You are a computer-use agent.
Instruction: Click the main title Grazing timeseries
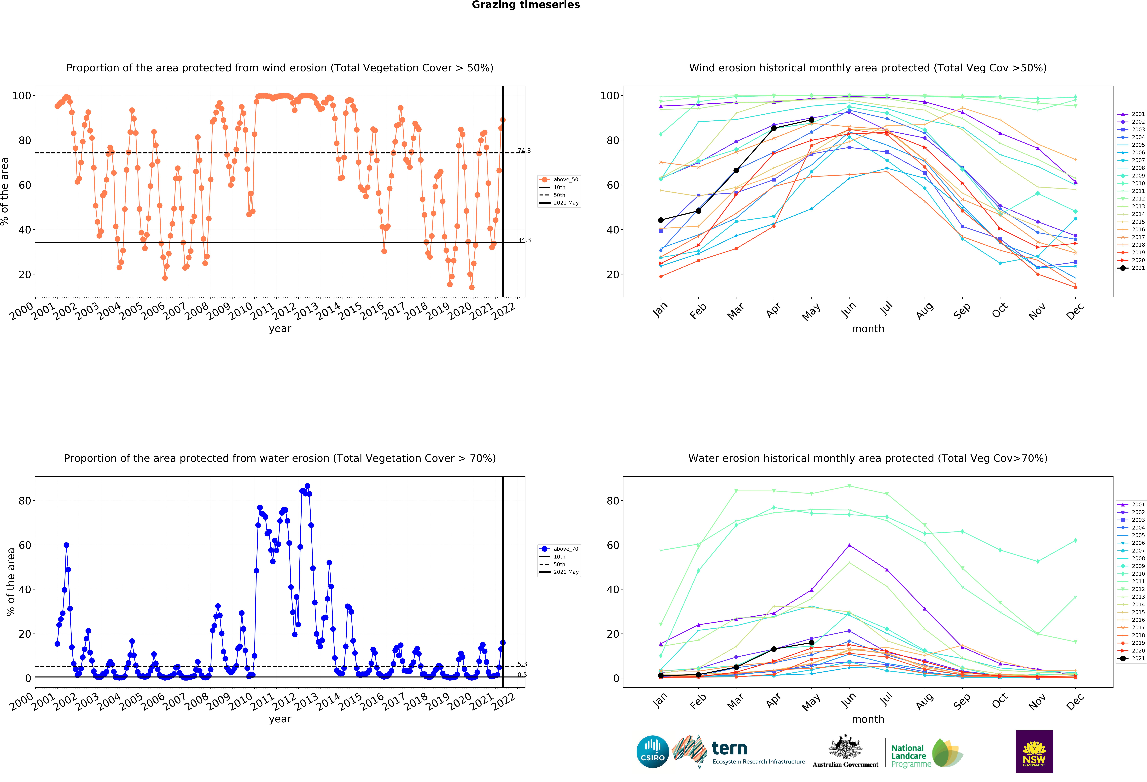(x=526, y=5)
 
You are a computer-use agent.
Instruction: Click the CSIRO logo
(x=652, y=752)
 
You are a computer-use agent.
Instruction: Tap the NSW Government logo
(x=1034, y=751)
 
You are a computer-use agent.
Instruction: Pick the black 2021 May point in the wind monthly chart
(x=811, y=120)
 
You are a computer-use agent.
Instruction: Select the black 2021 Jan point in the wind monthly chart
(x=661, y=220)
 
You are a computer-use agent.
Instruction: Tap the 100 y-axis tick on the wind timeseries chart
(x=21, y=96)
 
